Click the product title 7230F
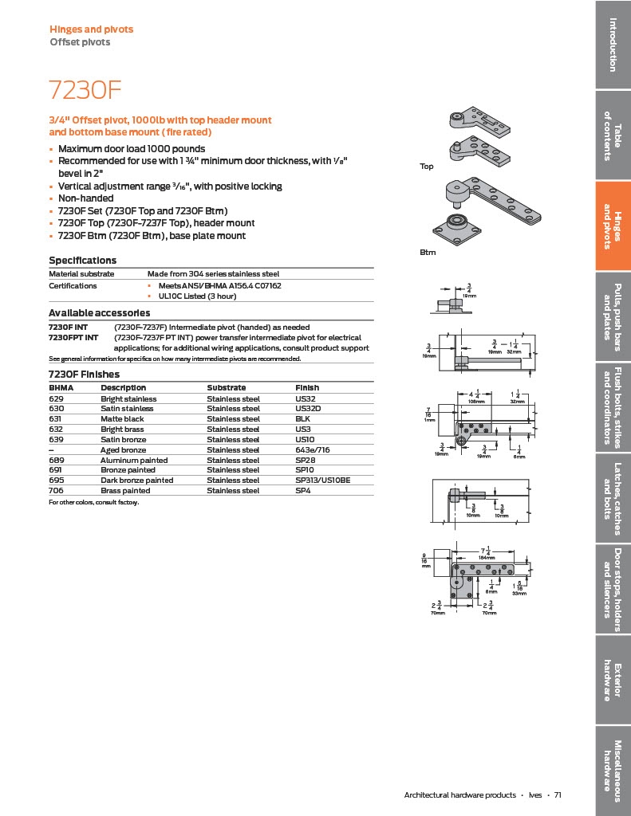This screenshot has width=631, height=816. (85, 89)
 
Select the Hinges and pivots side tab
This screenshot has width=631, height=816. (613, 226)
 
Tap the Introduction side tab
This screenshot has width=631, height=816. (613, 44)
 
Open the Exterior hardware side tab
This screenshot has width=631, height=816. (613, 681)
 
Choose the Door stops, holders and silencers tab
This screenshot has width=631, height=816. (613, 590)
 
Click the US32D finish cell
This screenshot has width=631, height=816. (307, 409)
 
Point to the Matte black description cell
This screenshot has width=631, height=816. (122, 419)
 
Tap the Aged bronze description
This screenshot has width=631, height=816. (123, 450)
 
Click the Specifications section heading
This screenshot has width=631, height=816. (82, 261)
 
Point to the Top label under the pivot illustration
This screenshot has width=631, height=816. (427, 167)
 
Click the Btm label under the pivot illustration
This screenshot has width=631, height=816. (427, 252)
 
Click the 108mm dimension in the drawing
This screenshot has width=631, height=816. (478, 402)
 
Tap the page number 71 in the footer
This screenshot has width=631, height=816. (558, 794)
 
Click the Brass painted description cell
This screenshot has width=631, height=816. (125, 491)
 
